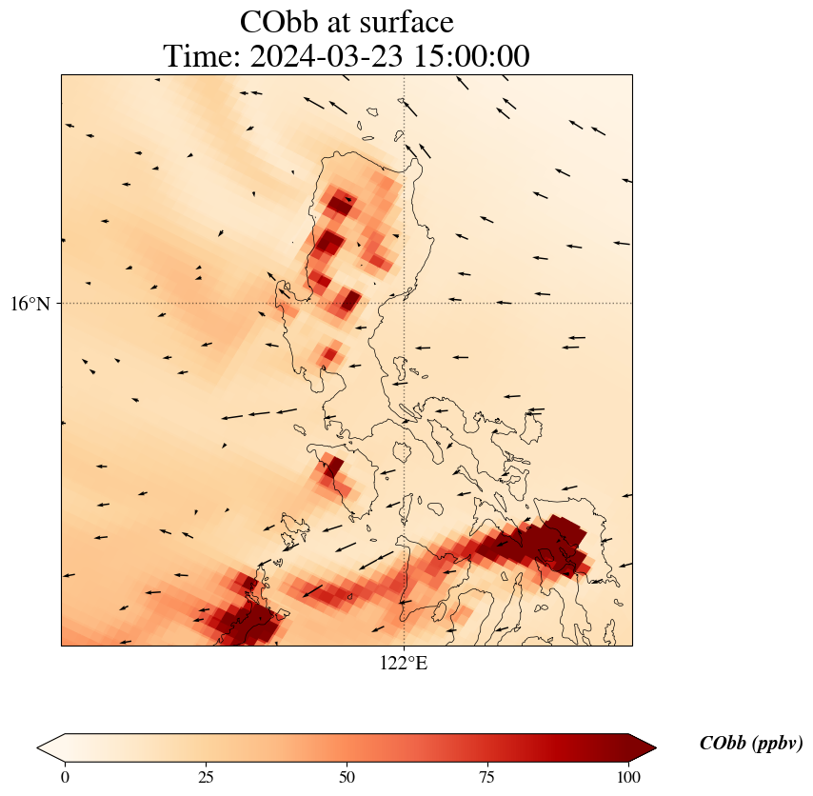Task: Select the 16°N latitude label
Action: coord(34,304)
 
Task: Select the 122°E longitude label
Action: coord(404,663)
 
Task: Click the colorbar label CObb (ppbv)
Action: coord(750,744)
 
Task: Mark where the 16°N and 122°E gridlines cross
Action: coord(405,304)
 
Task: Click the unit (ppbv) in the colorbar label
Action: coord(777,744)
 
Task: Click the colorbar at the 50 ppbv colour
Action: coord(347,747)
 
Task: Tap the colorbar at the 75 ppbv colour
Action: coord(487,747)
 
